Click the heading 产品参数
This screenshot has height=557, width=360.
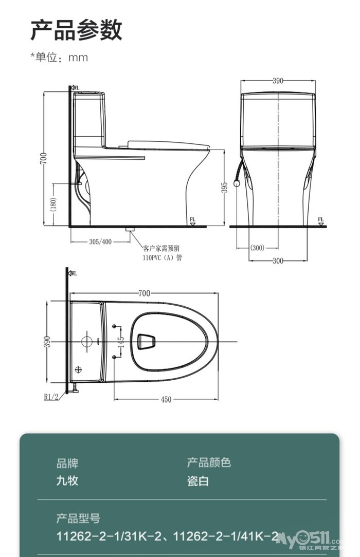tap(76, 30)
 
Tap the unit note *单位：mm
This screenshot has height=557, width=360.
tap(59, 57)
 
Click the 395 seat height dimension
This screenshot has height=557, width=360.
tap(224, 188)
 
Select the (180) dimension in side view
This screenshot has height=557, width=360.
tap(53, 205)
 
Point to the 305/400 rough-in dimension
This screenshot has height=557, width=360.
tap(100, 242)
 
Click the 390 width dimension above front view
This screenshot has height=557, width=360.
tap(278, 81)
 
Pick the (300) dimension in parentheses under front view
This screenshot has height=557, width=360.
tap(257, 248)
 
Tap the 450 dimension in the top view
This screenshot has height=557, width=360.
tap(166, 399)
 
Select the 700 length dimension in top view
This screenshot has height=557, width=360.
tap(144, 293)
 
